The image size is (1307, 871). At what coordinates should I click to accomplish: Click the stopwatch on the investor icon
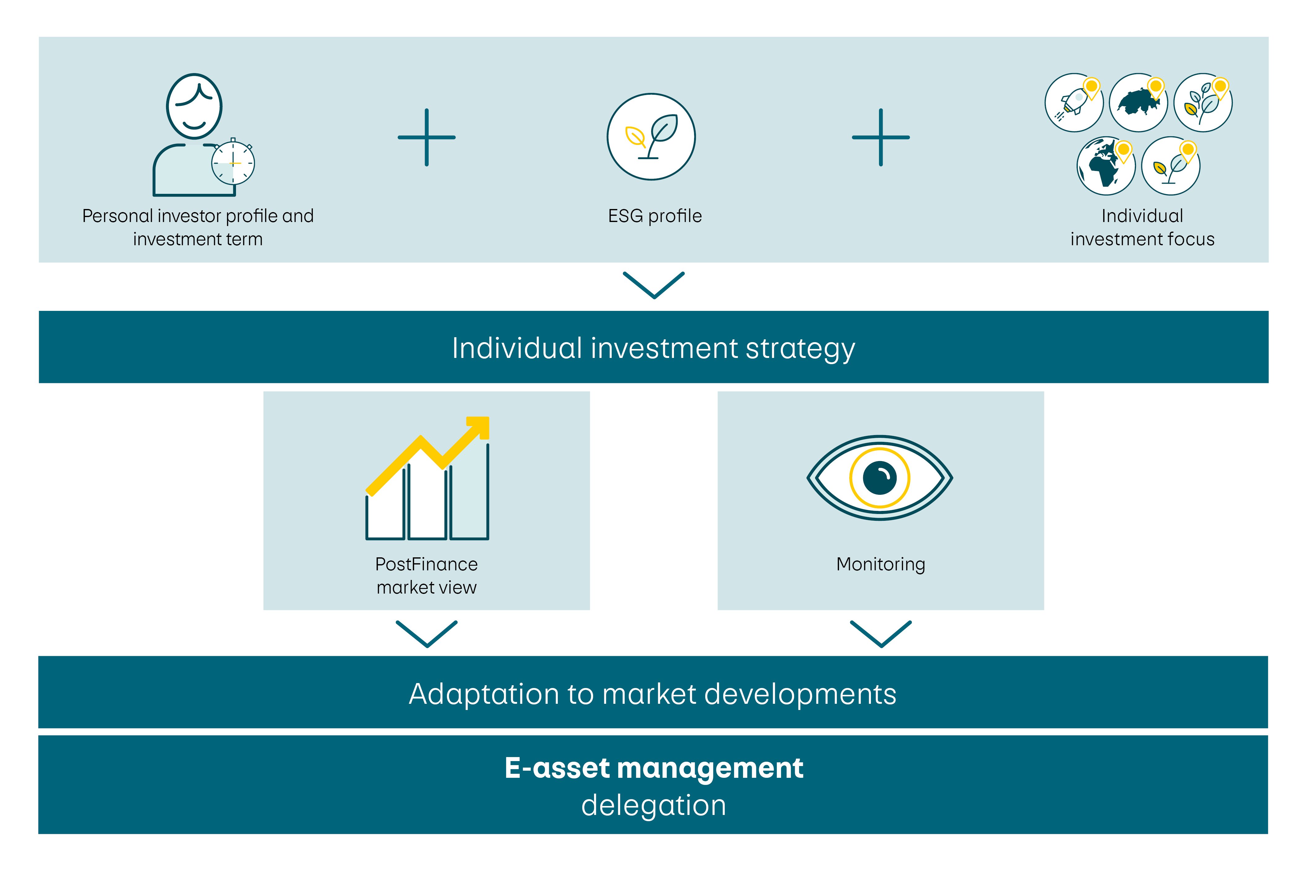233,163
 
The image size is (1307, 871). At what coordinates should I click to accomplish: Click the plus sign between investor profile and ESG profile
426,137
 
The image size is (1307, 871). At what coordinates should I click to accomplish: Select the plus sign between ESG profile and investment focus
881,137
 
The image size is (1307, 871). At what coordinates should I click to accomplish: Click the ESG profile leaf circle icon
651,137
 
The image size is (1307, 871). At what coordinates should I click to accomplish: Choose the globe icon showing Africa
1105,166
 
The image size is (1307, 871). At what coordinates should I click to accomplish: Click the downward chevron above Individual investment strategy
654,285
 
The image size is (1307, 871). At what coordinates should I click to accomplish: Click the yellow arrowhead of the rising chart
479,427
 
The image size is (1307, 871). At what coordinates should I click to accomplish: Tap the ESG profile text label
654,216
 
